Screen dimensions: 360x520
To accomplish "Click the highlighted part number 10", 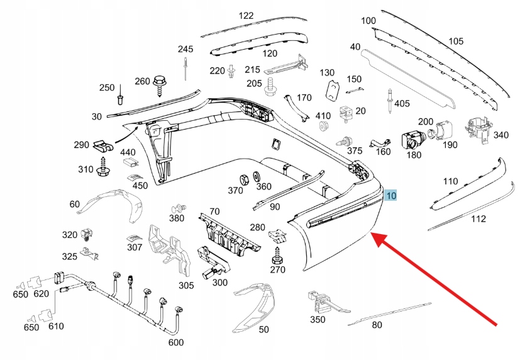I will [391, 196].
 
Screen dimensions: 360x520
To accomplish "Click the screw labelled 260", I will [160, 82].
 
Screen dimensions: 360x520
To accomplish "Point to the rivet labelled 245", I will [186, 68].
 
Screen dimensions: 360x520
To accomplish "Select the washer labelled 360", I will [257, 176].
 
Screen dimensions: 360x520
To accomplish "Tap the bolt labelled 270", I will [277, 258].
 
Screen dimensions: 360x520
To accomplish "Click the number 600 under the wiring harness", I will [175, 343].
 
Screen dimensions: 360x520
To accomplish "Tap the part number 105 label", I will [455, 42].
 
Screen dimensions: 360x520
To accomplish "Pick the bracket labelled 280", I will [277, 235].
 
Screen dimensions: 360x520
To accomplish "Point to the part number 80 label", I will [377, 325].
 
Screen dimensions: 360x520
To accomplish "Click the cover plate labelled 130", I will [331, 91].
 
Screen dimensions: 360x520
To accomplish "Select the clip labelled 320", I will [87, 235].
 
